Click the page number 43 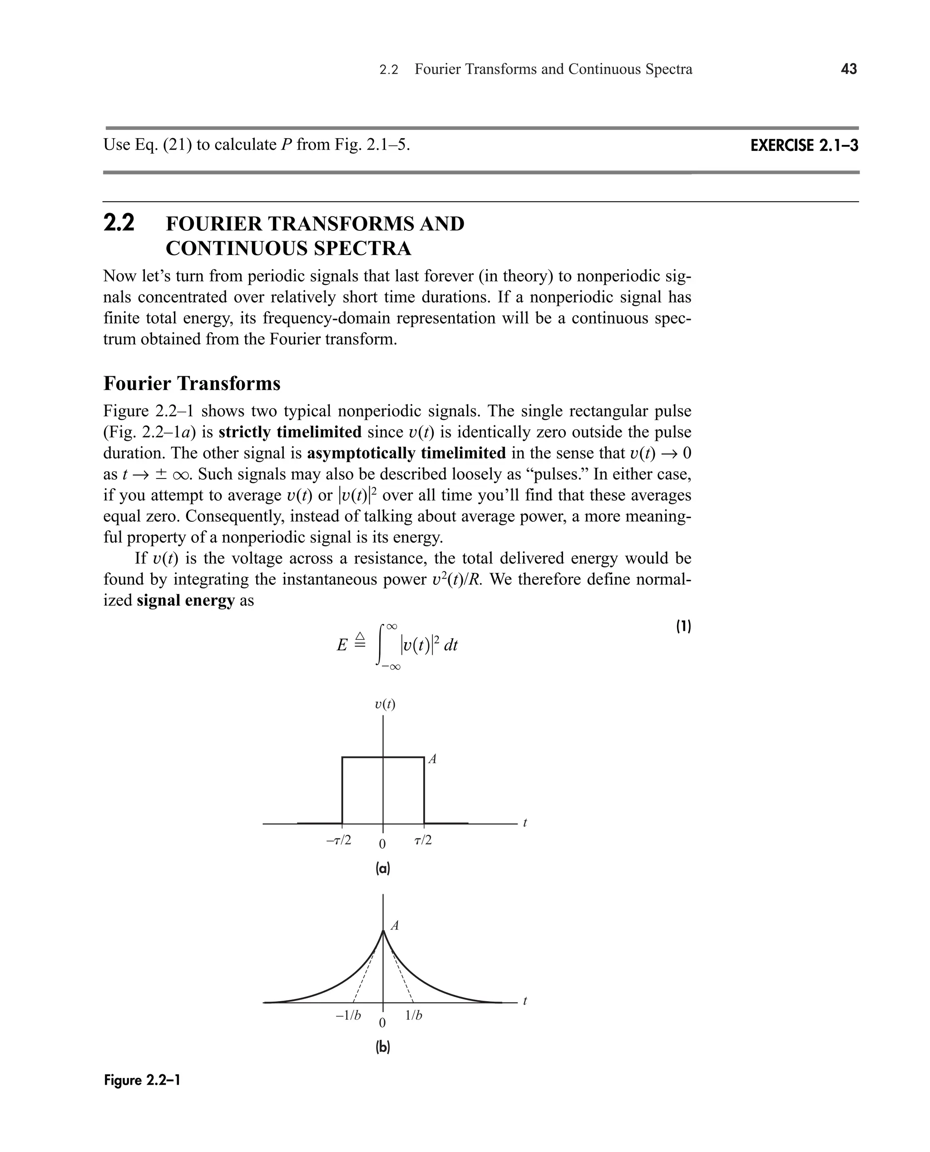pyautogui.click(x=849, y=69)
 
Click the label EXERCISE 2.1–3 pyautogui.click(x=804, y=146)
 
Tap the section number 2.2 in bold pyautogui.click(x=119, y=223)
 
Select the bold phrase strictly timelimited pyautogui.click(x=290, y=432)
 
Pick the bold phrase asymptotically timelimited pyautogui.click(x=406, y=453)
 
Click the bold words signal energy pyautogui.click(x=185, y=600)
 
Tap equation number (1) pyautogui.click(x=683, y=626)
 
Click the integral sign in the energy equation pyautogui.click(x=382, y=645)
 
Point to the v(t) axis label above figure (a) pyautogui.click(x=385, y=704)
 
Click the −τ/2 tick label pyautogui.click(x=339, y=840)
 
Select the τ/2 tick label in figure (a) pyautogui.click(x=423, y=840)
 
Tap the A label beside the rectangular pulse pyautogui.click(x=432, y=759)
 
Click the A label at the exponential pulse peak pyautogui.click(x=395, y=926)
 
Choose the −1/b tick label pyautogui.click(x=348, y=1015)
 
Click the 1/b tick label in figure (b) pyautogui.click(x=414, y=1015)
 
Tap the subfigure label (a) pyautogui.click(x=382, y=868)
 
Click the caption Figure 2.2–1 pyautogui.click(x=142, y=1080)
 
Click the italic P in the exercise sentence pyautogui.click(x=286, y=145)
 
